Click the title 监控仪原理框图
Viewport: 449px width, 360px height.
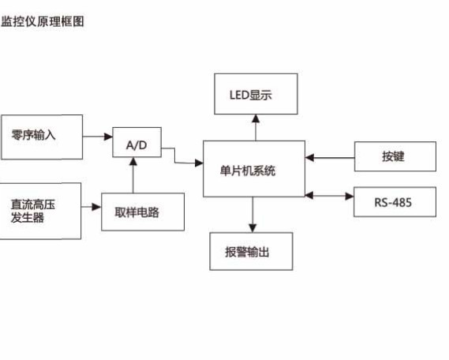43,21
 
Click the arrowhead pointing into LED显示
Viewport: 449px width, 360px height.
256,118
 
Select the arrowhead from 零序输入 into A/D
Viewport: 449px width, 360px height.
109,137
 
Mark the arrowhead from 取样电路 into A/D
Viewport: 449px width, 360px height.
133,162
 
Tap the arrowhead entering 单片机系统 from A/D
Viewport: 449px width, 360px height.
199,163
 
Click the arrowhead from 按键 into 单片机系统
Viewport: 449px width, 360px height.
309,157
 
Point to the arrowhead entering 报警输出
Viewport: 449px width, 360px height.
253,228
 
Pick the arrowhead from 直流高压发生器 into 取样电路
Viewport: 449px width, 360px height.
97,207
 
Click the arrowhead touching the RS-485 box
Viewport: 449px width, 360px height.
350,196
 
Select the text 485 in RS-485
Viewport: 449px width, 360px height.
402,202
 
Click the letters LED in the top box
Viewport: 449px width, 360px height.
240,95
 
